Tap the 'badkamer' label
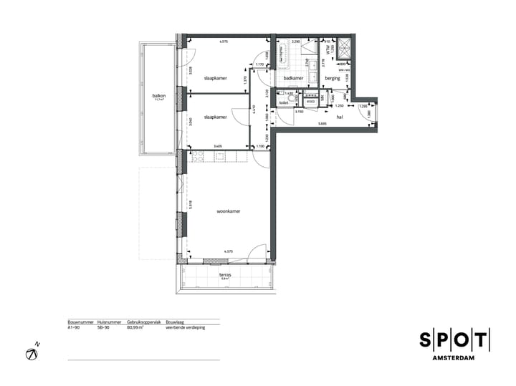pyautogui.click(x=293, y=78)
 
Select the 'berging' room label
pyautogui.click(x=332, y=78)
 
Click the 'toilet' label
pyautogui.click(x=284, y=103)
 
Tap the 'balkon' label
pyautogui.click(x=159, y=95)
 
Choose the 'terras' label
pyautogui.click(x=224, y=274)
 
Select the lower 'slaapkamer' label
pyautogui.click(x=215, y=117)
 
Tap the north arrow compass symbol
pyautogui.click(x=32, y=352)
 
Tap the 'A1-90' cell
pyautogui.click(x=75, y=327)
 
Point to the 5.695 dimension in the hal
pyautogui.click(x=324, y=124)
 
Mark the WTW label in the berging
pyautogui.click(x=329, y=49)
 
